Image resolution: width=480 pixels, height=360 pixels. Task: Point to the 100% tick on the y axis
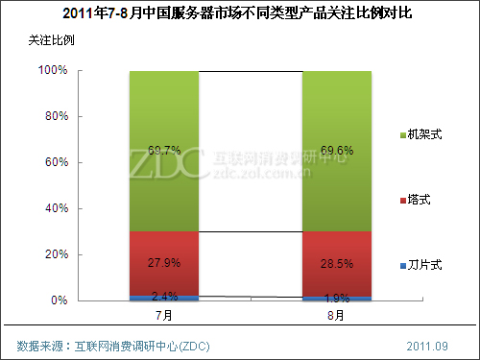tap(52, 71)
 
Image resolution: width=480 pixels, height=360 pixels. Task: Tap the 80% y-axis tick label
tap(54, 117)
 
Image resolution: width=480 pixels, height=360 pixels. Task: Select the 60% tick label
tap(54, 163)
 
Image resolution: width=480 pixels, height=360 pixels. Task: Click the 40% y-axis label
tap(54, 209)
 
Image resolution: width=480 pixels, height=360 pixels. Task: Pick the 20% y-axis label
tap(54, 255)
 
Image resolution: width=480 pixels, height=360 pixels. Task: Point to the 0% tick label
tap(58, 300)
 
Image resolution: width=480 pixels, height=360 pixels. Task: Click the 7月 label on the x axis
tap(163, 314)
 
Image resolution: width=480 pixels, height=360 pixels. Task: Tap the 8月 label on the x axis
tap(337, 314)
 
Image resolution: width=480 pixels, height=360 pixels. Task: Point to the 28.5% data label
tap(338, 263)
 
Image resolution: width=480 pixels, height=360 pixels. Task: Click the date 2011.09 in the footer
tap(428, 345)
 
